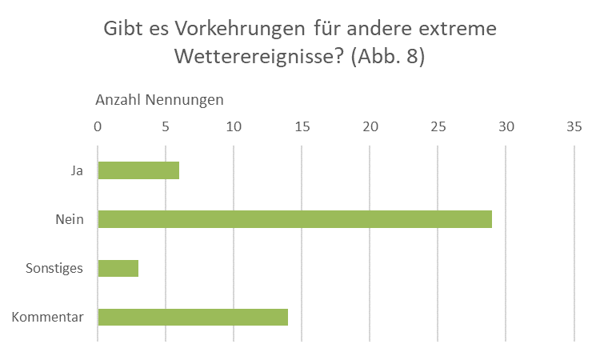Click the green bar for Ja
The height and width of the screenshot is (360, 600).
coord(138,170)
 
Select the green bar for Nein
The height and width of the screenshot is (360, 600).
coord(294,219)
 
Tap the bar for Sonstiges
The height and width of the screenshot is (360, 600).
coord(118,268)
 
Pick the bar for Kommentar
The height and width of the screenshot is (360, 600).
coord(193,317)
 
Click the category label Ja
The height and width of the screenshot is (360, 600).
coord(76,170)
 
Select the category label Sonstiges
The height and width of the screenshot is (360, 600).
coord(54,268)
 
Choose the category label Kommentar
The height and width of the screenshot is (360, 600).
coord(48,317)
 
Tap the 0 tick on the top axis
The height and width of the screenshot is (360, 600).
coord(98,126)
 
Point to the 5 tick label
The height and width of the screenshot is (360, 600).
coord(166,126)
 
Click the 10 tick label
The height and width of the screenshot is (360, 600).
coord(234,126)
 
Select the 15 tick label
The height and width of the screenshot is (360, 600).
coord(302,126)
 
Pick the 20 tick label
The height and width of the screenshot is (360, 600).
coord(370,126)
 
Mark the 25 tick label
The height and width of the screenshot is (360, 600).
coord(438,126)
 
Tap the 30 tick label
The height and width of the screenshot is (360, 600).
coord(506,126)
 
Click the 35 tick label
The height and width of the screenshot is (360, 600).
coord(574,126)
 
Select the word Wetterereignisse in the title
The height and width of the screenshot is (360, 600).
coord(258,58)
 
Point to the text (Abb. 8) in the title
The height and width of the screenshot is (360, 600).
coord(387,58)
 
